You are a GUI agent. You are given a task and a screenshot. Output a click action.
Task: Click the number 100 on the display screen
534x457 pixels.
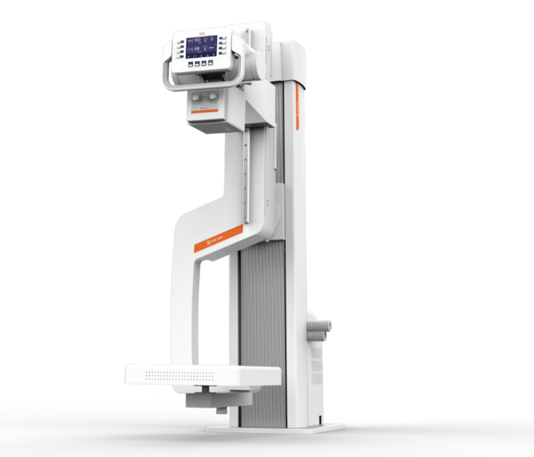coord(197,40)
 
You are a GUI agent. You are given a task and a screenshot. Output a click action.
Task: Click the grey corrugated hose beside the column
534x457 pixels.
coord(320,329)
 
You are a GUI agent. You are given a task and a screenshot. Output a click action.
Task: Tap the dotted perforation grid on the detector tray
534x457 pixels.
coord(179,376)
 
